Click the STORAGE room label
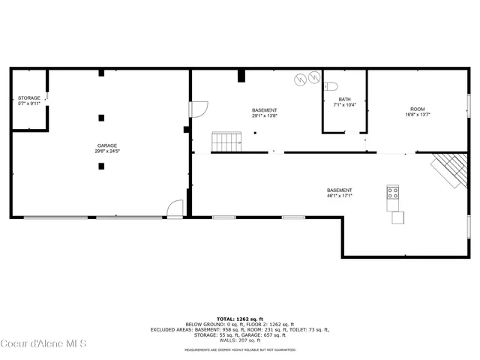pos(28,97)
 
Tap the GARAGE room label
pos(106,145)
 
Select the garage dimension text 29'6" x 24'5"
pos(106,151)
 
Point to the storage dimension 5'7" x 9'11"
pos(28,103)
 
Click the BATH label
pos(344,99)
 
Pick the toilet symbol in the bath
pos(332,85)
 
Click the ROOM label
pos(417,109)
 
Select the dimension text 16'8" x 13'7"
pos(417,115)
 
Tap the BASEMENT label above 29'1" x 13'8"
pos(264,110)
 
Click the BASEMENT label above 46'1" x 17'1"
pos(339,190)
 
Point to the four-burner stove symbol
pos(392,193)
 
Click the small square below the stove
pos(397,218)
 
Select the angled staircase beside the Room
pos(448,169)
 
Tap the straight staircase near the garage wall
pos(226,141)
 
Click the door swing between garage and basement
pos(199,109)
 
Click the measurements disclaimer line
pos(240,349)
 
